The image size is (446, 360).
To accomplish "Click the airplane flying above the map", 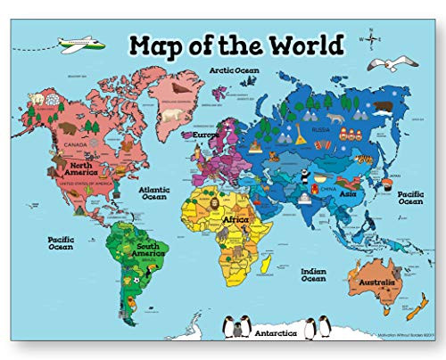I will click(x=79, y=44).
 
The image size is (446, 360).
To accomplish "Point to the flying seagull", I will click(x=389, y=64).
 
